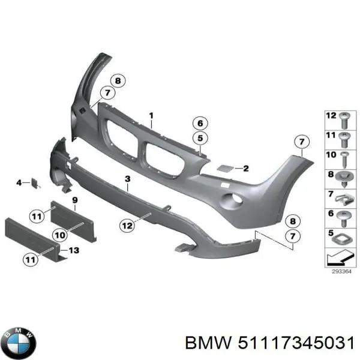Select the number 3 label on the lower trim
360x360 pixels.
[127, 179]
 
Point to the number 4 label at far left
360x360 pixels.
[19, 182]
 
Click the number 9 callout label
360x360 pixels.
[75, 199]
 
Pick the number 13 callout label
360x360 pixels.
[74, 250]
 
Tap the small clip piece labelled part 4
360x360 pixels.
[34, 182]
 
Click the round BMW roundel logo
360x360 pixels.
[19, 343]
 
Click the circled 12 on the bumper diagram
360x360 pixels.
[126, 226]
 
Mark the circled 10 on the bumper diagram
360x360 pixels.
[58, 235]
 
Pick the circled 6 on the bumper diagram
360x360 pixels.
[200, 124]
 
